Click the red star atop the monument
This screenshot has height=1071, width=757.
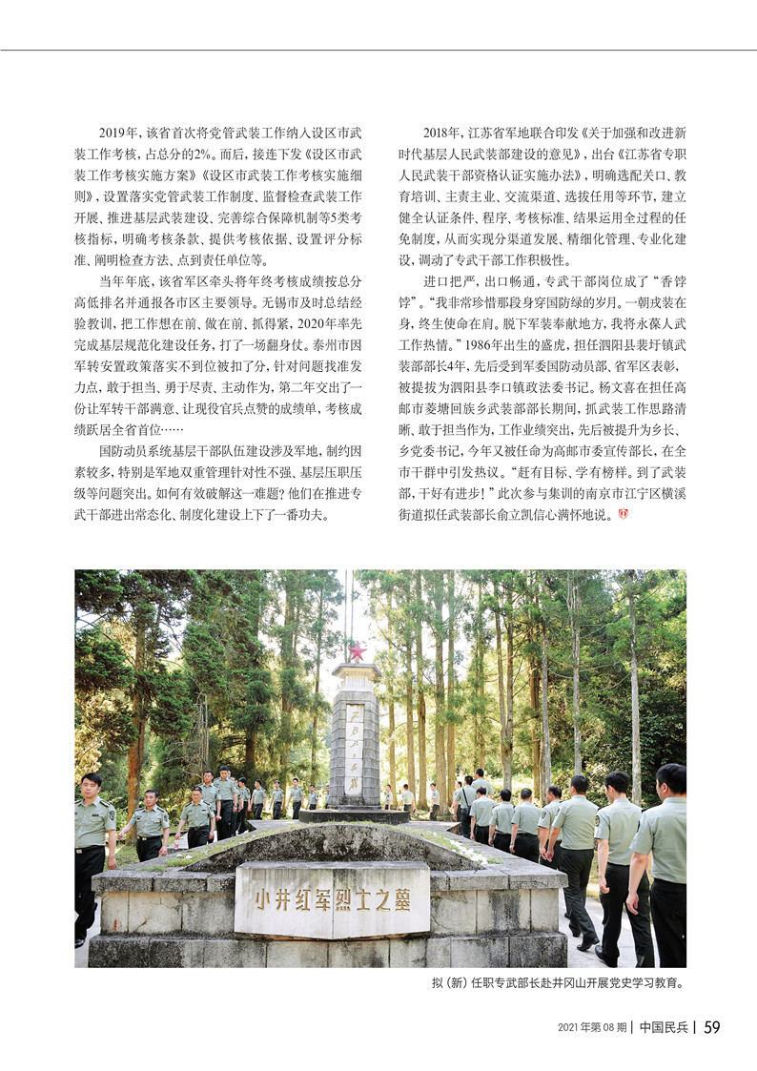(x=358, y=652)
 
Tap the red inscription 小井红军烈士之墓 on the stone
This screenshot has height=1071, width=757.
(x=332, y=899)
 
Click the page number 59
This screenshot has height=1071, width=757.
(x=711, y=1027)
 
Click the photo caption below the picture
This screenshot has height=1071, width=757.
(x=558, y=981)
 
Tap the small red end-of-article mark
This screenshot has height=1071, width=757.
(x=624, y=515)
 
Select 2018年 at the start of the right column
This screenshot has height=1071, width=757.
(x=441, y=134)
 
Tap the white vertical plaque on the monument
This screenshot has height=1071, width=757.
(x=354, y=744)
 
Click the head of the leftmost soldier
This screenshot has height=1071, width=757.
(x=91, y=784)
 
